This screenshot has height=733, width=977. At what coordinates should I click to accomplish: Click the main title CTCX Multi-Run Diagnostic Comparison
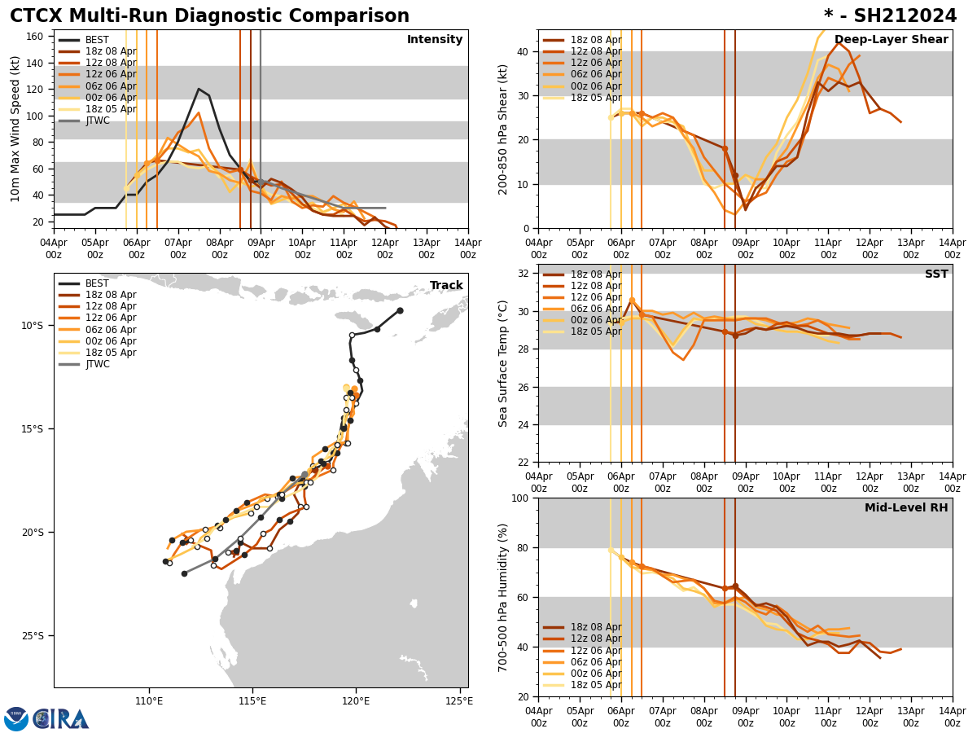click(x=209, y=16)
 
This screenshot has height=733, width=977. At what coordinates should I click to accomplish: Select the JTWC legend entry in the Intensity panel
click(x=97, y=121)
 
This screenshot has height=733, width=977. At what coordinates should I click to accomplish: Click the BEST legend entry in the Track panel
click(x=97, y=283)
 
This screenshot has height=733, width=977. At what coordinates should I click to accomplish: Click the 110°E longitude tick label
click(x=149, y=700)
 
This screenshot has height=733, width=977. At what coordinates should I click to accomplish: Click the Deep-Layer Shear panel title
click(x=891, y=40)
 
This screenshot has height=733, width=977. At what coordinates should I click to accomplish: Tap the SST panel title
click(x=935, y=274)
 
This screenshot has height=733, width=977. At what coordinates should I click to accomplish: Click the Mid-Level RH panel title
click(x=906, y=508)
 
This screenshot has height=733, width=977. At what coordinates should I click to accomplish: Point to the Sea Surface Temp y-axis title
click(x=504, y=363)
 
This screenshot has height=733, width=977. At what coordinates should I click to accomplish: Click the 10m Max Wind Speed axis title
click(x=16, y=129)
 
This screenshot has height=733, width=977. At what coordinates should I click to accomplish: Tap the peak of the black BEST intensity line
click(x=199, y=89)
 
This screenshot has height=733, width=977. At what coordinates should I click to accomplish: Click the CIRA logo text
click(x=61, y=719)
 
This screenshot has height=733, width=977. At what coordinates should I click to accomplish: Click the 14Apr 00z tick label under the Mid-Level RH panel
click(x=952, y=717)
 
